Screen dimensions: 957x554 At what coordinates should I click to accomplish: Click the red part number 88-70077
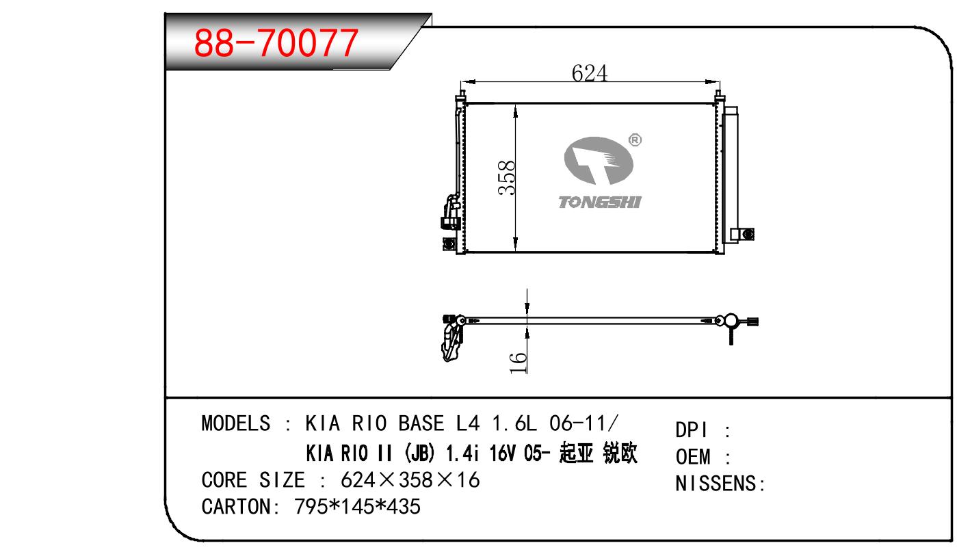[276, 42]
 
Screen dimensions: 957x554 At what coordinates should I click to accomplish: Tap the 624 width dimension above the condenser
[590, 73]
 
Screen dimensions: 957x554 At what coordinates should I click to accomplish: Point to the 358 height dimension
[507, 178]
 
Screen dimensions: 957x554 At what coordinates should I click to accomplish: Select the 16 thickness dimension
[519, 362]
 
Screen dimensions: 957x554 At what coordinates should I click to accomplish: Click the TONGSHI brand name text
[600, 202]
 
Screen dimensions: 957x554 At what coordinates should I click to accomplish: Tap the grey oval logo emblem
[599, 161]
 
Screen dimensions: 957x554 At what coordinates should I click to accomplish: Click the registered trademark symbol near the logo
[635, 140]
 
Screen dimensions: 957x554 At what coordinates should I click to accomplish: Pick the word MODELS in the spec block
[236, 423]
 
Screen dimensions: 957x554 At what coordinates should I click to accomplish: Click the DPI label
[692, 430]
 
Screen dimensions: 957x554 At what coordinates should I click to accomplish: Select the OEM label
[693, 457]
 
